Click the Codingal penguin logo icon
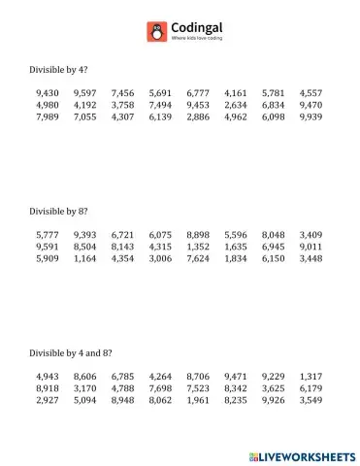155,32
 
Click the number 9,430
47,93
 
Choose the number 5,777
47,235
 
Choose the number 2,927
47,399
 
